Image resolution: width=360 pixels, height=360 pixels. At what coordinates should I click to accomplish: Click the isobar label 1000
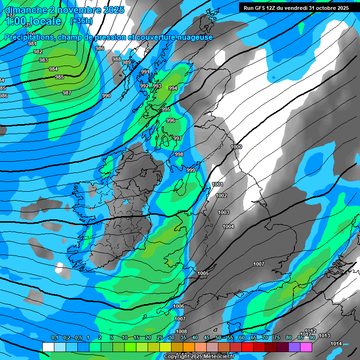click(236, 147)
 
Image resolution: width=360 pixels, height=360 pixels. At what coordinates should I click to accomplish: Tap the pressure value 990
click(106, 96)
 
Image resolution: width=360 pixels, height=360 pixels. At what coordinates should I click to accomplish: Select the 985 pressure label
click(60, 77)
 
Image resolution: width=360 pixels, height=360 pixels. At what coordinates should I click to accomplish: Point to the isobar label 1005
click(203, 273)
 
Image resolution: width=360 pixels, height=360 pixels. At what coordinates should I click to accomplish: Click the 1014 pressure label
click(336, 344)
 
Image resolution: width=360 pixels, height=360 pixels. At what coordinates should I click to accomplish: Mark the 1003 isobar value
click(224, 212)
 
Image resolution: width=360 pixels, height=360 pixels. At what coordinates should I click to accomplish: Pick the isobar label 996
click(171, 120)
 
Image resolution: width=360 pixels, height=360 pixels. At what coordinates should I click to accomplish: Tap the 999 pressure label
click(191, 170)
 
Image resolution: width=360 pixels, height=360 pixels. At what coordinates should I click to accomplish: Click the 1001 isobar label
click(217, 184)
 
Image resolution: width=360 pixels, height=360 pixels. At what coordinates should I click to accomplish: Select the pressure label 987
click(67, 93)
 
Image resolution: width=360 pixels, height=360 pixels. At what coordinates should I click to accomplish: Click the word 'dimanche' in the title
click(23, 10)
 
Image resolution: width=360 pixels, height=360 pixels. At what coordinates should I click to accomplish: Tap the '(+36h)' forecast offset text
click(81, 21)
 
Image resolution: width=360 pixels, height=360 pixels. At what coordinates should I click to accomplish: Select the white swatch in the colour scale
click(48, 347)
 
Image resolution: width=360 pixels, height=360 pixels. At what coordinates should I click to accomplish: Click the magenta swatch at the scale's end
click(306, 347)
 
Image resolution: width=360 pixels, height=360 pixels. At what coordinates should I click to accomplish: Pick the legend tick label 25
click(160, 338)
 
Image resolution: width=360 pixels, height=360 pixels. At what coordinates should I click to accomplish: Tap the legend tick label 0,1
click(55, 338)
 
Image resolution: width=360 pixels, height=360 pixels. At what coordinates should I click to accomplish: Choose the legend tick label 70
click(265, 338)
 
